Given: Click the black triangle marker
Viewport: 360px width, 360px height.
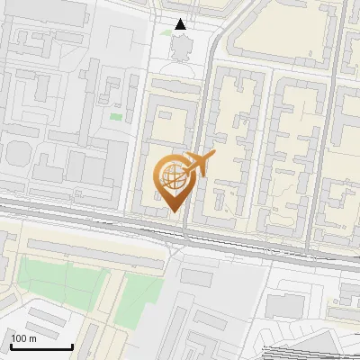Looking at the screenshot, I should [181, 24].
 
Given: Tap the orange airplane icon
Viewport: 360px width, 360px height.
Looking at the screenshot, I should [197, 163].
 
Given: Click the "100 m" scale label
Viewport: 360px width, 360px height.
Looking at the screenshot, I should [23, 338].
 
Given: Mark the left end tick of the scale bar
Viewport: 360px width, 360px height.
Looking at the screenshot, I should [10, 346].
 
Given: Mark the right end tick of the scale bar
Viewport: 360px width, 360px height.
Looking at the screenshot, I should [72, 346].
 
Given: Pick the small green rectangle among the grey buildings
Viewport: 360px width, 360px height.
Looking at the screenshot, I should [115, 116].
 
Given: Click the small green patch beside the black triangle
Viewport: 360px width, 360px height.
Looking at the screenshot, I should [166, 32].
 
